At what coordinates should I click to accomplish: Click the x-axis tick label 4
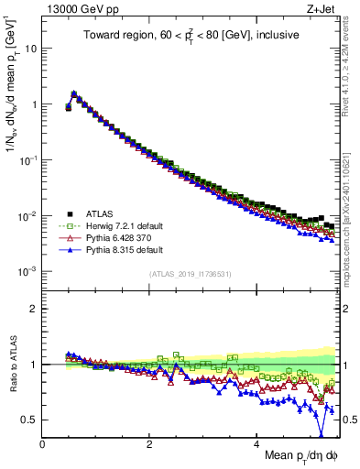click(x=257, y=443)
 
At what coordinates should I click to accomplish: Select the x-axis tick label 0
click(x=43, y=443)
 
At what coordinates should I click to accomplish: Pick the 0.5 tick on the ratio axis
click(x=29, y=420)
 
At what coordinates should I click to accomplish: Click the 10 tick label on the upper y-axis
click(x=30, y=48)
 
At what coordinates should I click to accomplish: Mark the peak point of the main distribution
click(x=73, y=93)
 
